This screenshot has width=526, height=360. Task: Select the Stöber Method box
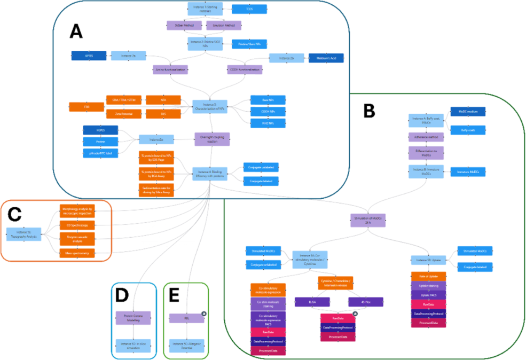pos(184,25)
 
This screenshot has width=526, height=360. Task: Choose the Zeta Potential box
pos(123,113)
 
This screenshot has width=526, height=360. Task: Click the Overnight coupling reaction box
pos(212,139)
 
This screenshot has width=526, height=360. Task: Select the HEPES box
pos(100,130)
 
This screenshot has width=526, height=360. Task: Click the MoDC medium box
pos(468,111)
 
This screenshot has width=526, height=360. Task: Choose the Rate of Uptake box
pos(428,276)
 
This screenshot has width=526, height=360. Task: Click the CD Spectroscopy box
pos(77,225)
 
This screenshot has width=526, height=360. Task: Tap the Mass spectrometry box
pos(77,253)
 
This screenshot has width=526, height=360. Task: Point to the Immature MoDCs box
pos(467,171)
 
